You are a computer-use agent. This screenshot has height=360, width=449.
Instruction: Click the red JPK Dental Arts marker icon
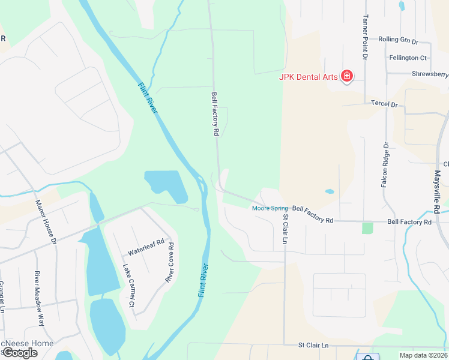[346, 76]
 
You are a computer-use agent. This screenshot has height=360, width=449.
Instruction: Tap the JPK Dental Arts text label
[309, 76]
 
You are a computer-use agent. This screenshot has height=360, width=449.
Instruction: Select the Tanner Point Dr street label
[364, 37]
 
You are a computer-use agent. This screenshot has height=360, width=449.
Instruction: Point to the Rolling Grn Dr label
[397, 40]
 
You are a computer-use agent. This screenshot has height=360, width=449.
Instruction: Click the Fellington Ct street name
[408, 58]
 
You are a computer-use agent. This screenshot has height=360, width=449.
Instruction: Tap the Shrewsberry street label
[430, 74]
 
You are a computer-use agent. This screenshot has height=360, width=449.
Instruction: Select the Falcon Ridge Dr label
[385, 164]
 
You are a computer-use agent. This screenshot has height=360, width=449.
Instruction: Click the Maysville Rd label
[437, 191]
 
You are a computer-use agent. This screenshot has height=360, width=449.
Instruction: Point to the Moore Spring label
[270, 208]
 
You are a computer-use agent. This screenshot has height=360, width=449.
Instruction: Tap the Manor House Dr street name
[45, 222]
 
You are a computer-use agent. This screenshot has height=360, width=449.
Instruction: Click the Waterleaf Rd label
[146, 247]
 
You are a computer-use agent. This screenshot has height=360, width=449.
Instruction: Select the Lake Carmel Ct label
[128, 286]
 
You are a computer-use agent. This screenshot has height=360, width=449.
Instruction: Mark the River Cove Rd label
[169, 263]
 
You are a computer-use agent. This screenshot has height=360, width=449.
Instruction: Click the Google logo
[20, 353]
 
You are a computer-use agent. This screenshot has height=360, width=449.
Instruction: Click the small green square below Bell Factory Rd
[367, 228]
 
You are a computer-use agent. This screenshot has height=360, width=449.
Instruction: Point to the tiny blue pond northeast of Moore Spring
[330, 192]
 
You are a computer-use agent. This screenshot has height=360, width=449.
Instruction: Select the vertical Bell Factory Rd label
[214, 114]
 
